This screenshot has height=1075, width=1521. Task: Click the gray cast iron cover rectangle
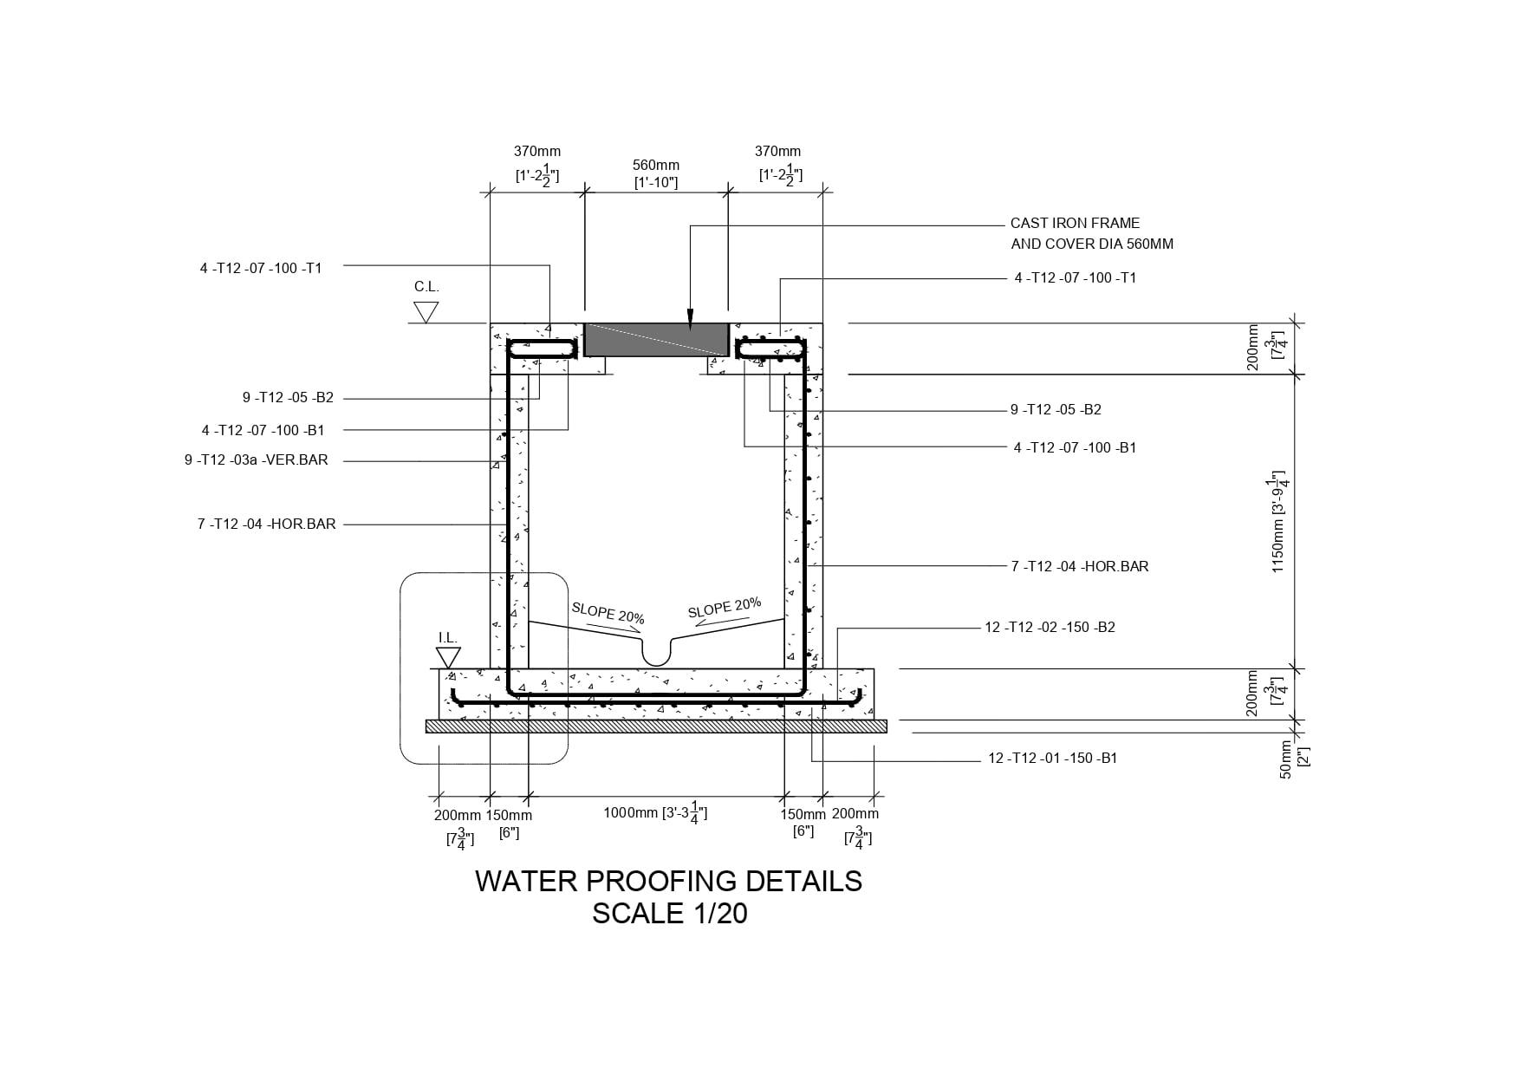[655, 340]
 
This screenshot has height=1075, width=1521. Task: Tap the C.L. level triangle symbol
[426, 312]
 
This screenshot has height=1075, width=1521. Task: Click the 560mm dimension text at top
[655, 165]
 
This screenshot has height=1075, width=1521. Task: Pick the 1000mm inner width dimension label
[655, 813]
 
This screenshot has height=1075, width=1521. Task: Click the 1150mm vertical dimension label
[1278, 523]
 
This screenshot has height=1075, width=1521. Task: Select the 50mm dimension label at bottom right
[1286, 759]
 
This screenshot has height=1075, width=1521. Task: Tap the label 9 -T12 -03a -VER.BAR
[256, 459]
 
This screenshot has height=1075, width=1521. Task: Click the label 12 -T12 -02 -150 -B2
[1050, 627]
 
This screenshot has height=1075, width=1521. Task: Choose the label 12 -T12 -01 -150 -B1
[1052, 758]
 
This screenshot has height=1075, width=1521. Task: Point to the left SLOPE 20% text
[608, 613]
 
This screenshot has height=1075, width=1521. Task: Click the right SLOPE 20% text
[725, 607]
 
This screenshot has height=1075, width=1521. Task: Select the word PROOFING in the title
[662, 881]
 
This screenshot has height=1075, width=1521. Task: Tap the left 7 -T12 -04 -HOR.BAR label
[266, 524]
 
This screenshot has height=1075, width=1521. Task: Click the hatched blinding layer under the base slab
[656, 726]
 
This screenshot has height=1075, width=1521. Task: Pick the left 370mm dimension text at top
[536, 152]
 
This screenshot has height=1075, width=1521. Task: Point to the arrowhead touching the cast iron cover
[690, 321]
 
